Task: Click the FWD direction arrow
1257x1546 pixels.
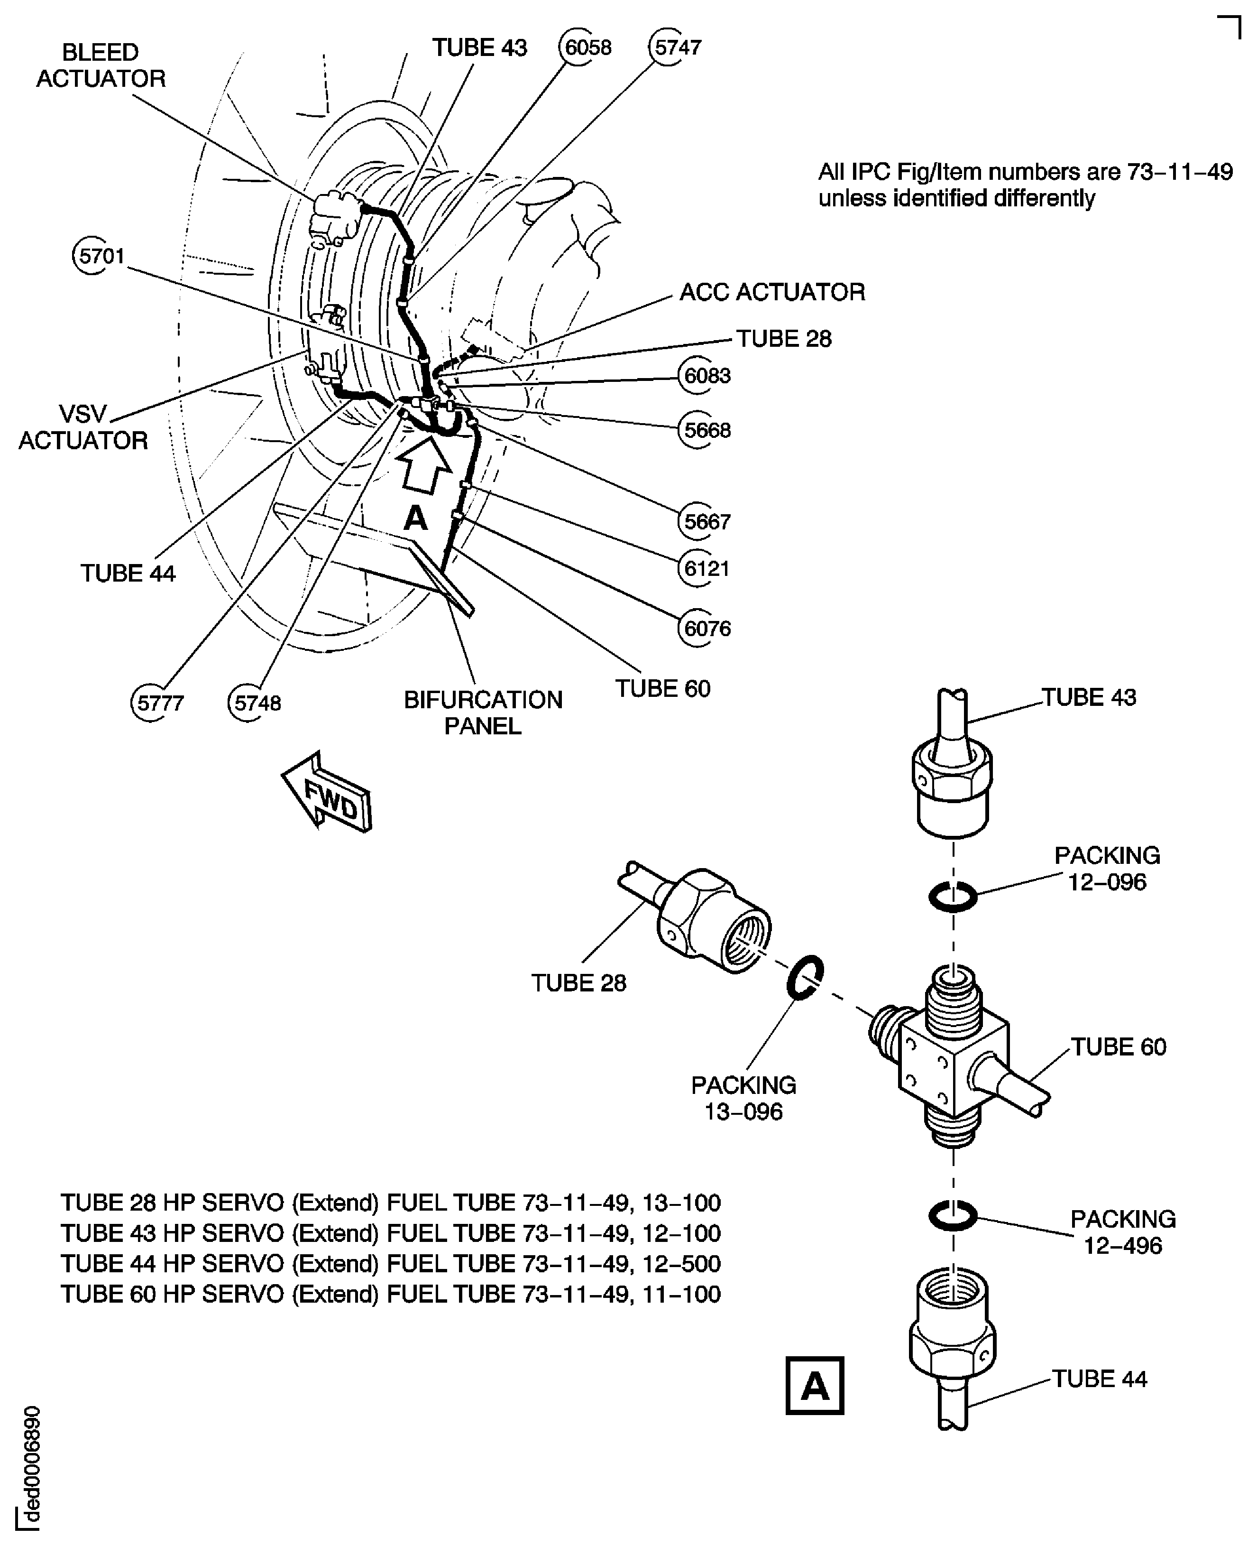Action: [327, 793]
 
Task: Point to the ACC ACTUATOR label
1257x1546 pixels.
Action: [772, 292]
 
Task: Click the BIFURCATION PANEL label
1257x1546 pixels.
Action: [483, 713]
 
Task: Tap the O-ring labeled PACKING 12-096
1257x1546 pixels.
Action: [953, 898]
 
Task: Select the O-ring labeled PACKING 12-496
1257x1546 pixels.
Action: [953, 1216]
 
